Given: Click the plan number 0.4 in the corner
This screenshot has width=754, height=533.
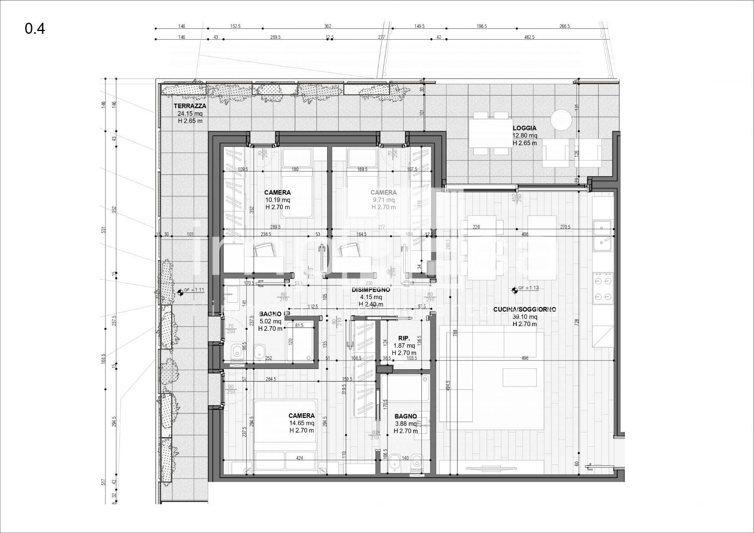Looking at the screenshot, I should (x=35, y=29).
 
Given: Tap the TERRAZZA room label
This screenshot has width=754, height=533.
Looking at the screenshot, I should (x=190, y=106).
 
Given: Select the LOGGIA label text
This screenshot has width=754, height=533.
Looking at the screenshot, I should (x=524, y=128).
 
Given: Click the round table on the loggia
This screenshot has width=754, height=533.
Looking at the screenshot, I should (x=561, y=120).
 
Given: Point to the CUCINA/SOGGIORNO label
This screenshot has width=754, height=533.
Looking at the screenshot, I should (x=524, y=310).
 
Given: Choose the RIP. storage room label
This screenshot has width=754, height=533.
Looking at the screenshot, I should (x=404, y=338).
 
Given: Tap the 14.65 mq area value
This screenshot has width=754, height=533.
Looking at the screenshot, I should (x=302, y=423).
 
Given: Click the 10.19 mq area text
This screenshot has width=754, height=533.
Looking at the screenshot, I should (x=277, y=200).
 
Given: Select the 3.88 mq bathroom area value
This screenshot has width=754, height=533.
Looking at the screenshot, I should (x=406, y=423).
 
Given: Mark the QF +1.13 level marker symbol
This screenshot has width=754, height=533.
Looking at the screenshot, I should (x=514, y=290).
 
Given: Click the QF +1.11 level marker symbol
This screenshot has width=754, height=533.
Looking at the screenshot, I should (x=180, y=292).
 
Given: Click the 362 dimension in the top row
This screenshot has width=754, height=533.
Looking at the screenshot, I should (x=328, y=26).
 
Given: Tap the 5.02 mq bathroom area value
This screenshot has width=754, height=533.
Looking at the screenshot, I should (x=270, y=321).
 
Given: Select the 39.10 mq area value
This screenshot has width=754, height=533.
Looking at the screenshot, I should (x=524, y=317).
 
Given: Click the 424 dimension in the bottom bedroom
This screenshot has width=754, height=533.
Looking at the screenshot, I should (x=300, y=458).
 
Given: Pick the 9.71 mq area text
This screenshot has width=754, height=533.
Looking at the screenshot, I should (x=383, y=200).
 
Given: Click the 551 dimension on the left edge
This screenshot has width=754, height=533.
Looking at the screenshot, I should (x=104, y=230).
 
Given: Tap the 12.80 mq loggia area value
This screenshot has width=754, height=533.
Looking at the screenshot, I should (x=525, y=136).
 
